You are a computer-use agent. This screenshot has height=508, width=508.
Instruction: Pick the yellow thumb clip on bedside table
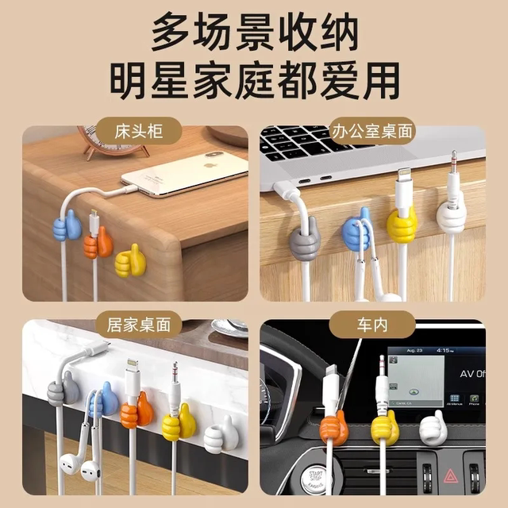(x=130, y=260)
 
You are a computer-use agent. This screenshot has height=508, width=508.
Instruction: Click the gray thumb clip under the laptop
(x=304, y=241)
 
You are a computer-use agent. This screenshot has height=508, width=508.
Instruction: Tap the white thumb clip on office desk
(x=451, y=217)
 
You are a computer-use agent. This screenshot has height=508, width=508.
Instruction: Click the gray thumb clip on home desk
(x=63, y=391)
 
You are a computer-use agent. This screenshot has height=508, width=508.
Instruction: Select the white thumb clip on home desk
(x=218, y=437)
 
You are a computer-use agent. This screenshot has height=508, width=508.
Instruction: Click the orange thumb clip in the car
(x=333, y=429)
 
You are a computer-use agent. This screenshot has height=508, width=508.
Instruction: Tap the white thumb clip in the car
(x=433, y=429)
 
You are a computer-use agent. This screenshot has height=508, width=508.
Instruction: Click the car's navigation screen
(x=416, y=376)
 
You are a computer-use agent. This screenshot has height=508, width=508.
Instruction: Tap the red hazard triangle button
(x=448, y=475)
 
